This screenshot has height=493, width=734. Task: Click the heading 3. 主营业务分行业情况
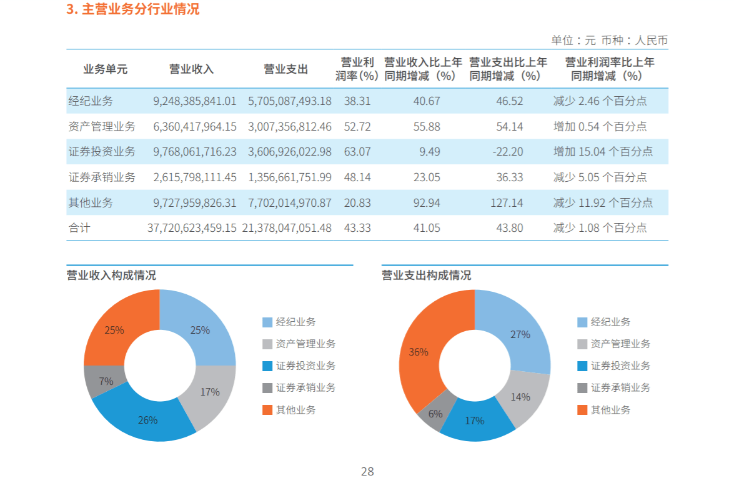pyautogui.click(x=133, y=10)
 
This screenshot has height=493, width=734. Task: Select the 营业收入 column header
pyautogui.click(x=191, y=69)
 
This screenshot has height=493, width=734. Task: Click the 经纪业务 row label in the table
pyautogui.click(x=91, y=101)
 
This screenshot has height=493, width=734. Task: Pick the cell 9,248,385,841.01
pyautogui.click(x=195, y=101)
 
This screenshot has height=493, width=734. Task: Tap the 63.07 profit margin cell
pyautogui.click(x=357, y=152)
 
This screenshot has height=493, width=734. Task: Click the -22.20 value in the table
pyautogui.click(x=509, y=152)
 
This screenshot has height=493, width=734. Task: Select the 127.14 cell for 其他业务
pyautogui.click(x=509, y=203)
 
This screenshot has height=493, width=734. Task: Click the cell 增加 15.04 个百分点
pyautogui.click(x=603, y=152)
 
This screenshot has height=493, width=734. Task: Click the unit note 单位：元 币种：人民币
pyautogui.click(x=609, y=41)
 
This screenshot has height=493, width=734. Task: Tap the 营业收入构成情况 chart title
pyautogui.click(x=111, y=276)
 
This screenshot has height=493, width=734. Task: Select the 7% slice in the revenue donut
pyautogui.click(x=104, y=381)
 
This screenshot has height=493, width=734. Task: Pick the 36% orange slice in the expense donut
pyautogui.click(x=419, y=352)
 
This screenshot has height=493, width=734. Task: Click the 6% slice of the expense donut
pyautogui.click(x=435, y=413)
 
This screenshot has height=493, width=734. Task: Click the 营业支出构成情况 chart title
pyautogui.click(x=426, y=276)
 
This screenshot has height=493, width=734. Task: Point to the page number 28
pyautogui.click(x=367, y=472)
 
